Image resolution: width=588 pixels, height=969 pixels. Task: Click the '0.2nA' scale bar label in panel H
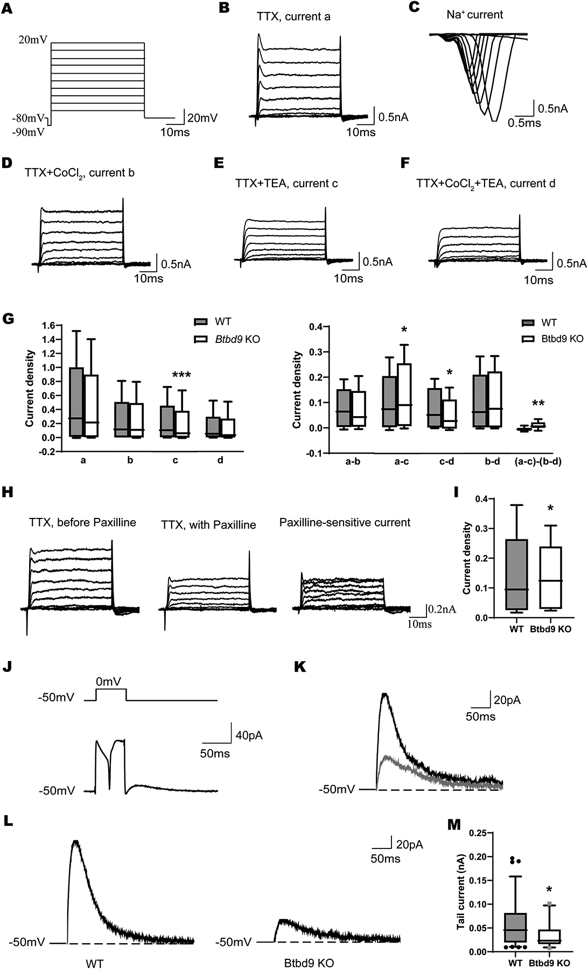443,609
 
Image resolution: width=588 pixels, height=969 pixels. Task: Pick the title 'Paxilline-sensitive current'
345,522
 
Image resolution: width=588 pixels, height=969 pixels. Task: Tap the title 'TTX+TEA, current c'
286,184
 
